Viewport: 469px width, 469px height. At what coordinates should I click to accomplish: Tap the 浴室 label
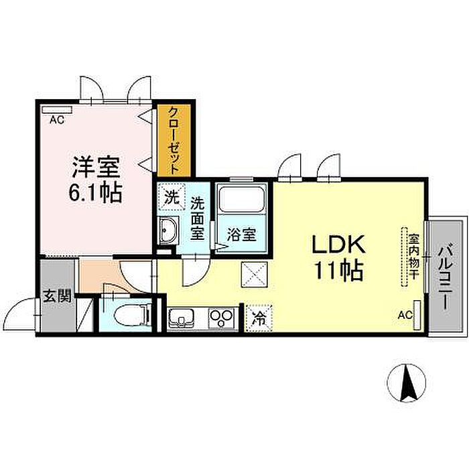[242, 235]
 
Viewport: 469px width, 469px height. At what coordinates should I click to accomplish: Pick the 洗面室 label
[197, 216]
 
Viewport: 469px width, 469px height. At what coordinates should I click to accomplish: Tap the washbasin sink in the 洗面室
[169, 230]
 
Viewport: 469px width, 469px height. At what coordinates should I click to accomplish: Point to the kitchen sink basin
[182, 316]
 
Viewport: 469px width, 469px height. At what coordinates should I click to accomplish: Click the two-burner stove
[222, 316]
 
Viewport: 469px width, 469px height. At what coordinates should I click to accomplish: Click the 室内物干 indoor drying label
[413, 256]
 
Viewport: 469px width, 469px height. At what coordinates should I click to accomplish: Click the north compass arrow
[406, 383]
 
